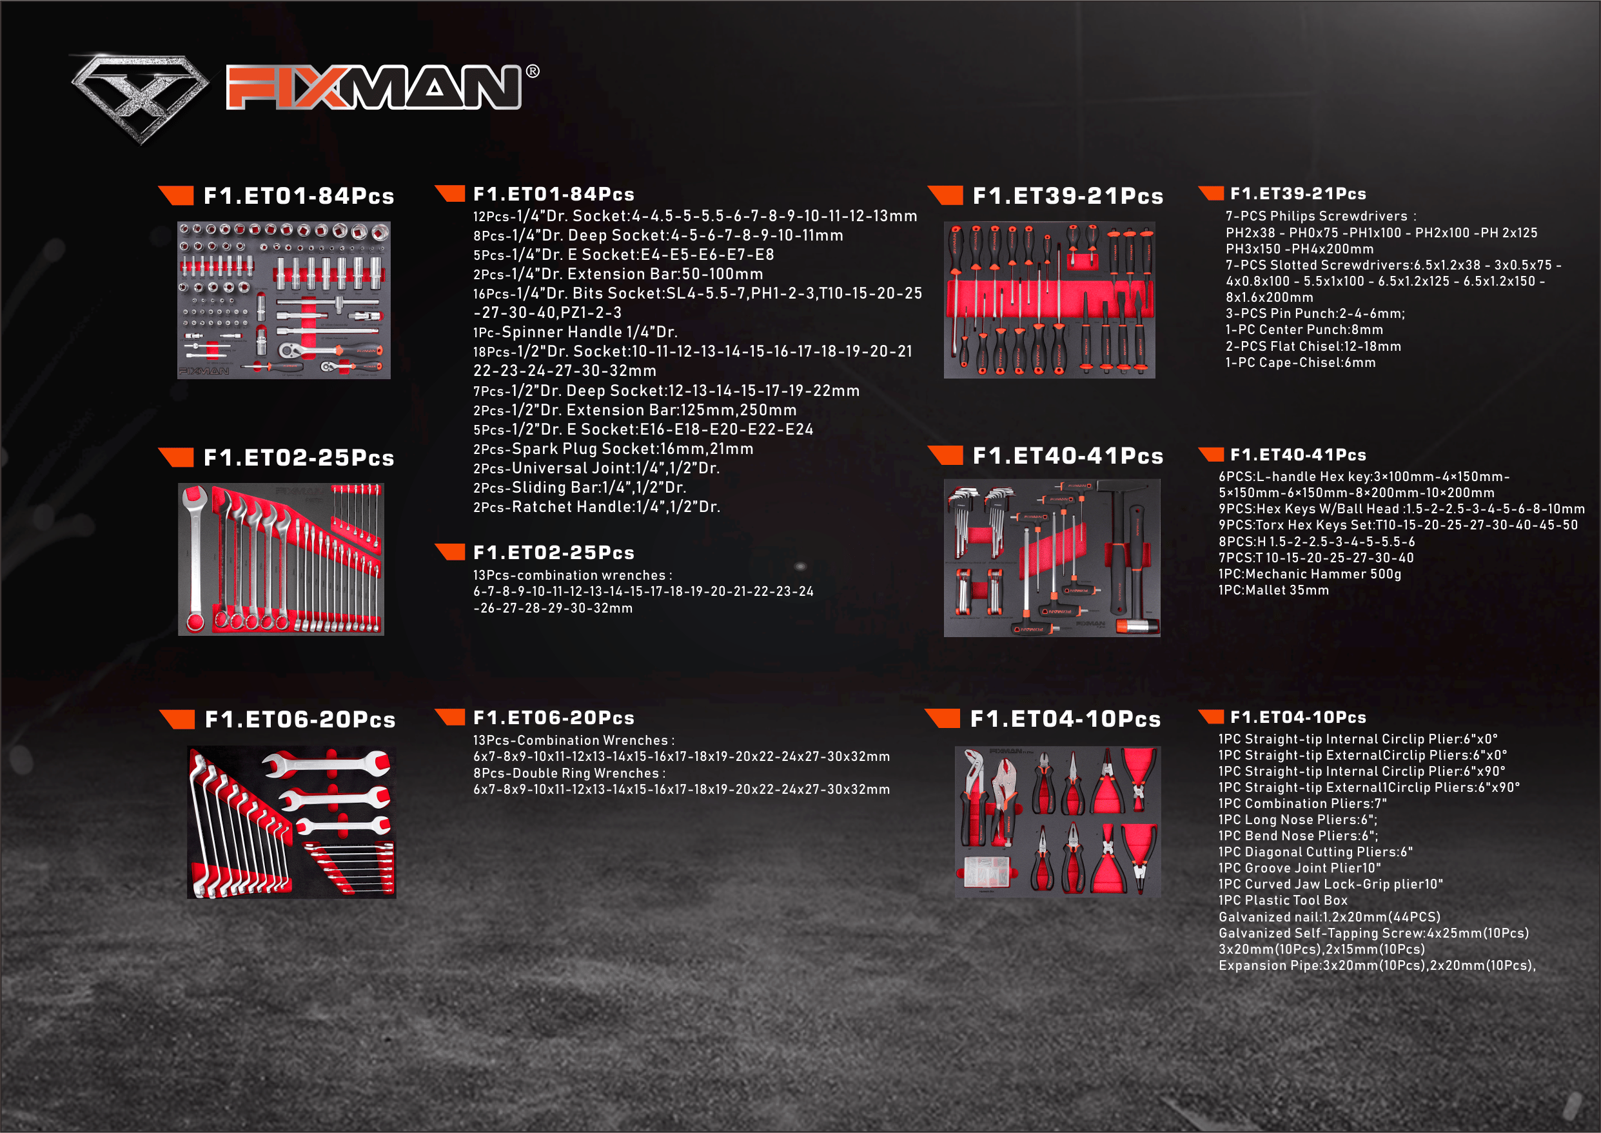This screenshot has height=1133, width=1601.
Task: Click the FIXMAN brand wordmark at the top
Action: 373,87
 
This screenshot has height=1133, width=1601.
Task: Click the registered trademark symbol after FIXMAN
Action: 533,71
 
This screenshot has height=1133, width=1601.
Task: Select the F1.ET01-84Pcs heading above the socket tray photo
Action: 299,196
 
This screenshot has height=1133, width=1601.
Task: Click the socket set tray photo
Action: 284,300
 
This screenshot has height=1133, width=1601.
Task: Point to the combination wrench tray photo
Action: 281,560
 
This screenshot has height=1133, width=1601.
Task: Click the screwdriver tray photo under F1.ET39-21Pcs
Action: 1049,300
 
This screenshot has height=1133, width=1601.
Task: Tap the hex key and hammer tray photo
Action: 1052,557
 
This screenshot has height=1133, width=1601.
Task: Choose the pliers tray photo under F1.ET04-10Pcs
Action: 1057,821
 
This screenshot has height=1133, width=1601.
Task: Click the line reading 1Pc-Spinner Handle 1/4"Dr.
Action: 576,332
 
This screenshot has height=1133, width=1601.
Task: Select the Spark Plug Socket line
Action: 613,449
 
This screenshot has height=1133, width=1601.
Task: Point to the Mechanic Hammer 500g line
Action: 1310,574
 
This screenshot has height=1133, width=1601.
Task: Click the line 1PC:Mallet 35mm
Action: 1273,590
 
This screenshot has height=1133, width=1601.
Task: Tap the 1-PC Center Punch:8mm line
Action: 1304,330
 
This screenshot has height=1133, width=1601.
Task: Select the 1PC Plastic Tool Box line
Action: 1283,901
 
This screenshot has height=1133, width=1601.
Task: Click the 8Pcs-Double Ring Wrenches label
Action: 569,773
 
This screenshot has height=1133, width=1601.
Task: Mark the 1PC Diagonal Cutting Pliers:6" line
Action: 1315,852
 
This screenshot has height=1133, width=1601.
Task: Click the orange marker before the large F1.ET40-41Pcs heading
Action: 946,455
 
